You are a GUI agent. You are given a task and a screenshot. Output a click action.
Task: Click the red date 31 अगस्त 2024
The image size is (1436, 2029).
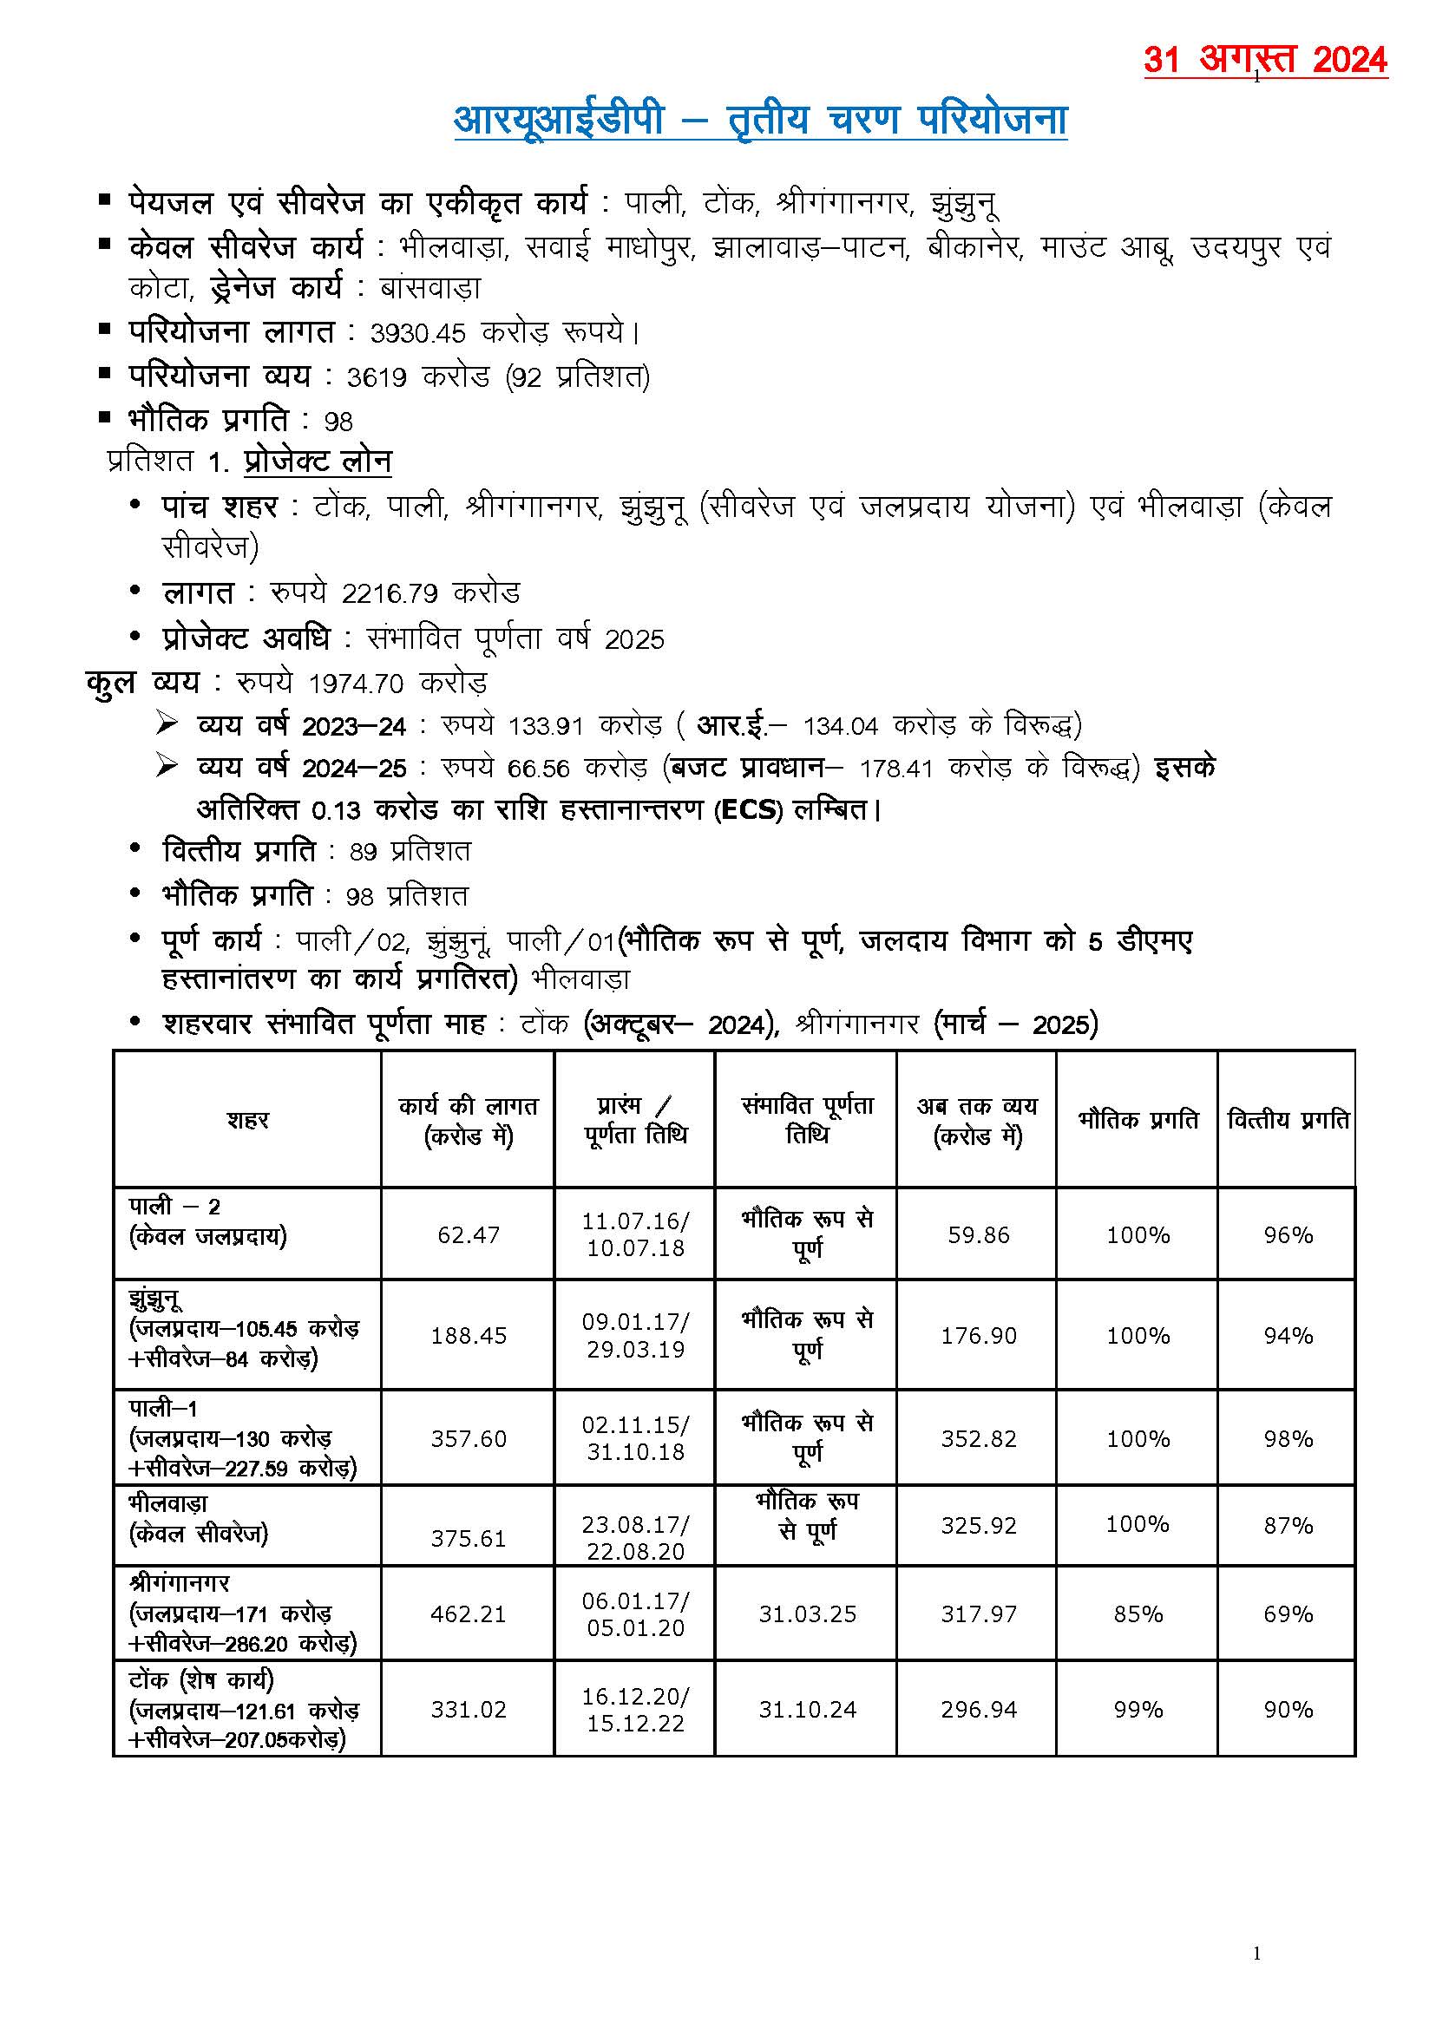[1264, 60]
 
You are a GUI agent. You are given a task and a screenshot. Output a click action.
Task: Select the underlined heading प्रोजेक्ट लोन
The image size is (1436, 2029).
[318, 461]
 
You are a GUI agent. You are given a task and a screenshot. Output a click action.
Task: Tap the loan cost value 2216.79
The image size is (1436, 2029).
[390, 593]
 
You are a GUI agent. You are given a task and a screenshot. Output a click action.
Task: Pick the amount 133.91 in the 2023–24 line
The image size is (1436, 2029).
[546, 727]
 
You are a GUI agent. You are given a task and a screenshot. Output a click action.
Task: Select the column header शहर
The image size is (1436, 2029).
[246, 1120]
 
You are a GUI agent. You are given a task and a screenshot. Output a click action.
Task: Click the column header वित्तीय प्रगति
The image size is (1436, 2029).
[1288, 1120]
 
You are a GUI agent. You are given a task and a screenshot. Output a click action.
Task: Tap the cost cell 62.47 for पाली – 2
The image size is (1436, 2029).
[468, 1234]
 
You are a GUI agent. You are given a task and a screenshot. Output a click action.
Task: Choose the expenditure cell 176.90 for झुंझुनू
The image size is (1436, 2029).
[978, 1335]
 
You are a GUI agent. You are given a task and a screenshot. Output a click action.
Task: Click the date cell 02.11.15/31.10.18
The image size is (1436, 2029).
[635, 1438]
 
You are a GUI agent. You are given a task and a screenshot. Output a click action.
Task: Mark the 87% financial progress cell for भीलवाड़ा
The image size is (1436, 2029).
[1288, 1525]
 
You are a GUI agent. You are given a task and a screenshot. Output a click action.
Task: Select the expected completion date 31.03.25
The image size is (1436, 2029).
[807, 1613]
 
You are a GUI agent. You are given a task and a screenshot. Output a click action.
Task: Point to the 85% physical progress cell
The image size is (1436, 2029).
[1138, 1613]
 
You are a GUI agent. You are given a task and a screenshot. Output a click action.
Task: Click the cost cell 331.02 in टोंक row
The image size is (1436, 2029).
[468, 1709]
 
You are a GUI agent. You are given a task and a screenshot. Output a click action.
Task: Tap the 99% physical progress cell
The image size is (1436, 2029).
[1138, 1709]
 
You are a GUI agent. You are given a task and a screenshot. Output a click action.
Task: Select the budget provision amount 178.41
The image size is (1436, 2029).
[895, 769]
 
